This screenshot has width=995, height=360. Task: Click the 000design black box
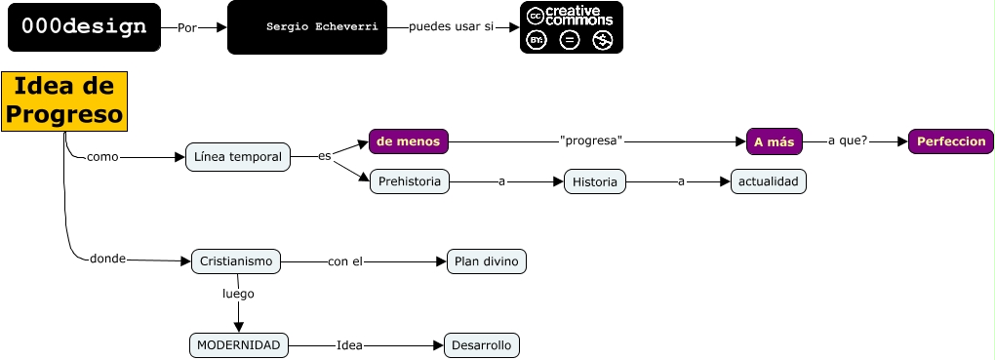[x=83, y=27]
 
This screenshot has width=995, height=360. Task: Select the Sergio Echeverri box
[x=306, y=27]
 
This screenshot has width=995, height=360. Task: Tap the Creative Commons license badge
[x=571, y=27]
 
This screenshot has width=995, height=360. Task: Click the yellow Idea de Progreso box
[x=64, y=100]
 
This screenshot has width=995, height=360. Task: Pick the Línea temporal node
[x=238, y=157]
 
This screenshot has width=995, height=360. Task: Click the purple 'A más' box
[x=774, y=141]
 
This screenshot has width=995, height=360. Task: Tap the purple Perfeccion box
[x=951, y=141]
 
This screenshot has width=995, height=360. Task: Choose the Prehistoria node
[x=409, y=181]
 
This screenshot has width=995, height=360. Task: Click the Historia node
[x=594, y=181]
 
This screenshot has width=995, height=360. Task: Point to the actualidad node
[x=769, y=181]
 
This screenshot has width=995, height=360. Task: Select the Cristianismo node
[x=236, y=261]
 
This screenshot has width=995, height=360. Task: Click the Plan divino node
[x=486, y=261]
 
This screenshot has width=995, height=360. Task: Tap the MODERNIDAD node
[x=239, y=345]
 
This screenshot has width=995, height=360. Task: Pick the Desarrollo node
[x=482, y=345]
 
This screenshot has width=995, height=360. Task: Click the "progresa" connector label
[x=591, y=141]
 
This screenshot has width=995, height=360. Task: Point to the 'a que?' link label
[x=848, y=141]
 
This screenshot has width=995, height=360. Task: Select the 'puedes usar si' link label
[x=451, y=27]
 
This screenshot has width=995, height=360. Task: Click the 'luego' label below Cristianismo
[x=238, y=293]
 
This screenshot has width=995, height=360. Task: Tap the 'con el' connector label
[x=345, y=261]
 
